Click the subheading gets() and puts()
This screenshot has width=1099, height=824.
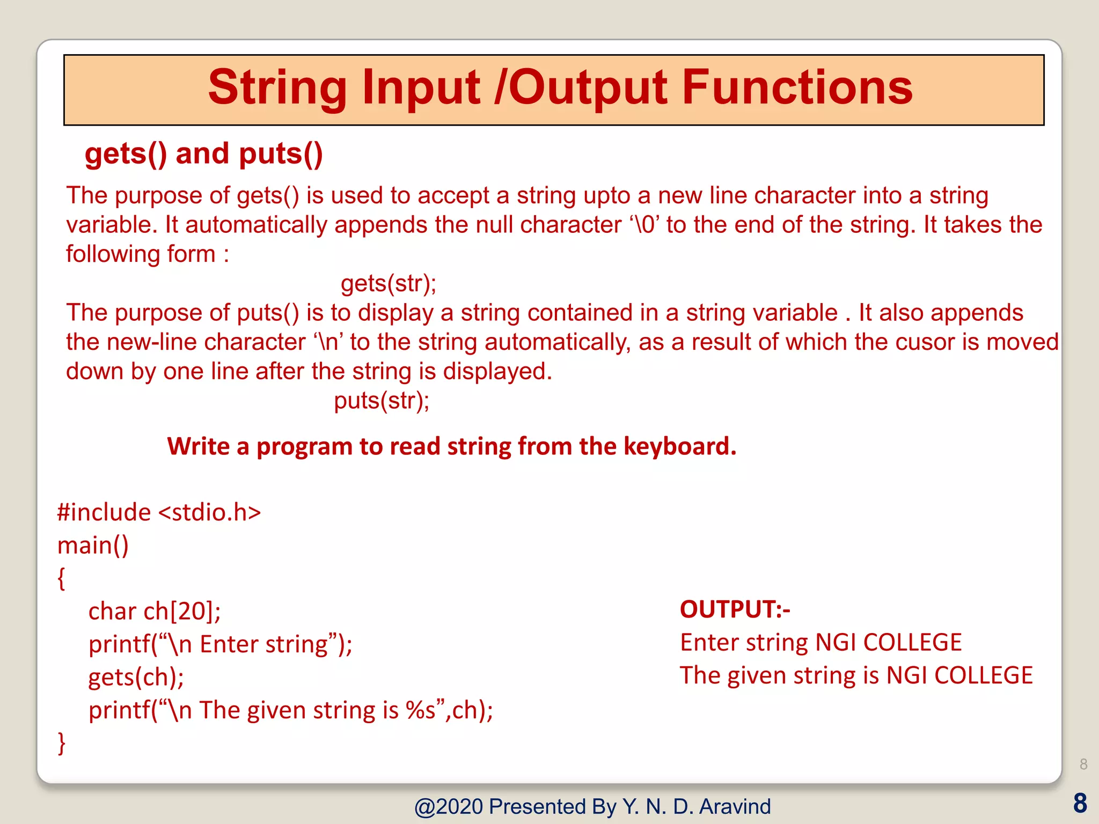click(204, 154)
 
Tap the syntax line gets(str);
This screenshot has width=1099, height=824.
click(389, 283)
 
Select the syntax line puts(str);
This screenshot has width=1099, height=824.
click(382, 401)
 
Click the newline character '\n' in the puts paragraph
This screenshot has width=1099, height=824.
click(329, 342)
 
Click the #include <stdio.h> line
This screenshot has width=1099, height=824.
click(159, 512)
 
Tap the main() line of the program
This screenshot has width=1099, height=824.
click(93, 546)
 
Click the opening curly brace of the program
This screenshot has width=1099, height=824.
click(61, 579)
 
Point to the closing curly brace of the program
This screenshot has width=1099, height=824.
click(61, 744)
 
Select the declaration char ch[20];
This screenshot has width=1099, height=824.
click(155, 612)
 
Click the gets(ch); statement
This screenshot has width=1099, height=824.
click(136, 678)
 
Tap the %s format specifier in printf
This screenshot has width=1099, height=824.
click(421, 711)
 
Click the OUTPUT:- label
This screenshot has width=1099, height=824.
click(735, 609)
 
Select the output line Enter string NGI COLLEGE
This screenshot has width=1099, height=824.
click(820, 643)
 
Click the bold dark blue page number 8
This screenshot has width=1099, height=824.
click(1080, 804)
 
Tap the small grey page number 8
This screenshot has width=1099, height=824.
click(1083, 764)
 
